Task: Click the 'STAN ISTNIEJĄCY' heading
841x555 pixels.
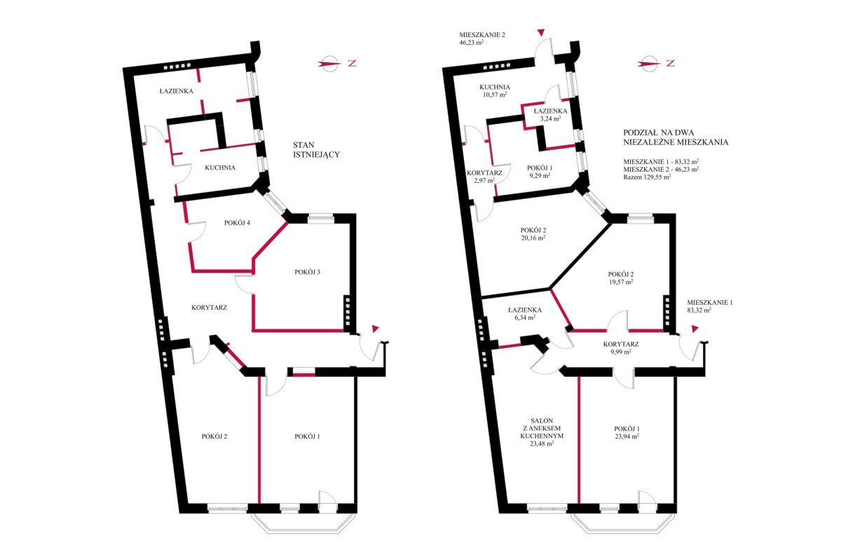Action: pyautogui.click(x=317, y=149)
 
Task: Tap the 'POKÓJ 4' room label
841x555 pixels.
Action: pyautogui.click(x=237, y=223)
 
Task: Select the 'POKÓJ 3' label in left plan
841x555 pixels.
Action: pyautogui.click(x=307, y=272)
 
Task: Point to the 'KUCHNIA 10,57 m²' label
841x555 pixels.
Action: pyautogui.click(x=495, y=90)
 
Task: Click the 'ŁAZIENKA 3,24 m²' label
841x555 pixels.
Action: pyautogui.click(x=550, y=114)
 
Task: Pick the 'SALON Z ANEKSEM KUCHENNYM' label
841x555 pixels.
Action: pyautogui.click(x=542, y=432)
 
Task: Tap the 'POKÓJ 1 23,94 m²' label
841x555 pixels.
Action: pyautogui.click(x=627, y=432)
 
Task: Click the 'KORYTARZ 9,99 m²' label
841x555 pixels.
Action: pyautogui.click(x=621, y=348)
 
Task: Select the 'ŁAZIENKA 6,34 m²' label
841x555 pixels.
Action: pyautogui.click(x=525, y=313)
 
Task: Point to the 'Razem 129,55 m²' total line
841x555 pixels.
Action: pyautogui.click(x=648, y=177)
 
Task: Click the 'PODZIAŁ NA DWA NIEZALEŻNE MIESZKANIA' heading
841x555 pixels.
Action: pyautogui.click(x=676, y=137)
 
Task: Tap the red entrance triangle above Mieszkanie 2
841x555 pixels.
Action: pyautogui.click(x=540, y=33)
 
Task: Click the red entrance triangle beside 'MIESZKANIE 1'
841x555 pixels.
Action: pyautogui.click(x=695, y=329)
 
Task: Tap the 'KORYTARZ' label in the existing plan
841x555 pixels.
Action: pyautogui.click(x=209, y=308)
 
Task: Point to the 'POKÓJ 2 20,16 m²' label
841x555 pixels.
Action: pyautogui.click(x=533, y=233)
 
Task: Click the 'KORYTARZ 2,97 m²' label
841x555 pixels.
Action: pyautogui.click(x=484, y=177)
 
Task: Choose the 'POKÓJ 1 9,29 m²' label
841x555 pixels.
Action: pyautogui.click(x=540, y=171)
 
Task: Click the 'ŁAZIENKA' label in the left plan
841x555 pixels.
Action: pyautogui.click(x=176, y=91)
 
